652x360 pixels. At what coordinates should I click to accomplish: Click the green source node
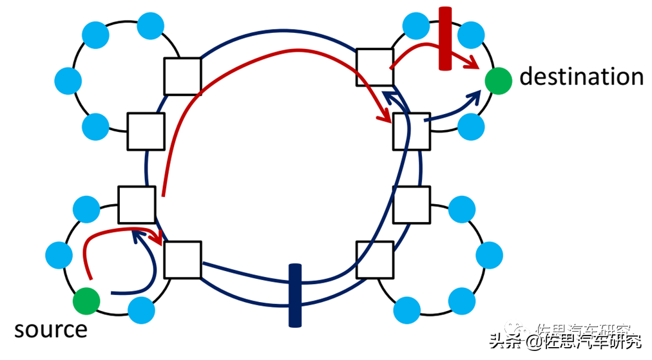tap(86, 300)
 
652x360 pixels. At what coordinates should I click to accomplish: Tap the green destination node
tap(499, 81)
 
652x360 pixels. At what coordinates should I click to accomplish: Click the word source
tap(50, 330)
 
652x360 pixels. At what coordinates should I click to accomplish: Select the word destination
tap(581, 77)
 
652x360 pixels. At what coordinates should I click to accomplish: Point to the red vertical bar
tap(445, 39)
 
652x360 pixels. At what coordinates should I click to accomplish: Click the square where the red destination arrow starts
tap(374, 66)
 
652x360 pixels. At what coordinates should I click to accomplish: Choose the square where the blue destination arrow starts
tap(411, 130)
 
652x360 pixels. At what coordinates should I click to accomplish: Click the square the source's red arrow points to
tap(182, 260)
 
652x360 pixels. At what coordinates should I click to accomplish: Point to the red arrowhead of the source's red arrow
tap(157, 238)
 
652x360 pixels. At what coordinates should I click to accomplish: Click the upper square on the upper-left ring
tap(182, 76)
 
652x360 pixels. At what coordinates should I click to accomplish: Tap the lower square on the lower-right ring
tap(374, 260)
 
